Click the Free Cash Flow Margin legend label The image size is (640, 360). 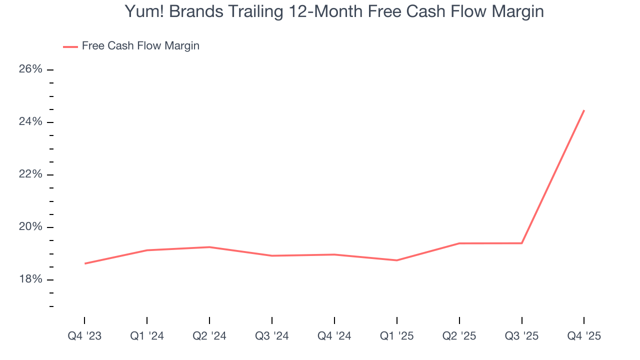pos(140,46)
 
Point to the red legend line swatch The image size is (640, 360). pos(70,46)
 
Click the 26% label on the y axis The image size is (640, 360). pos(30,69)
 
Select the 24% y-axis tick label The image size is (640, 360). pos(30,122)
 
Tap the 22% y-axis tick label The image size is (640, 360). pos(30,174)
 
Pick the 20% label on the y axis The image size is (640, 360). pos(30,227)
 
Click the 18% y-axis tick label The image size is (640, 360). pos(30,279)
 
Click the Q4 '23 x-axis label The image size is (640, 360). pos(84,336)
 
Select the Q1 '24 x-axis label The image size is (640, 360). pos(147,336)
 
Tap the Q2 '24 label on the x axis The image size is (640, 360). pos(209,336)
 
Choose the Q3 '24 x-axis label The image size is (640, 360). pos(272,336)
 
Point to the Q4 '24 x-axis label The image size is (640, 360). pos(334,336)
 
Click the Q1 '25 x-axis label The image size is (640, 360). pos(397,336)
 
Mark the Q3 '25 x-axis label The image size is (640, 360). pos(522,336)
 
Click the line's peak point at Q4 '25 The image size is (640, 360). pos(584,110)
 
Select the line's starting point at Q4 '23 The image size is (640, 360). pos(84,263)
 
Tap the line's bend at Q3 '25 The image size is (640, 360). pos(522,243)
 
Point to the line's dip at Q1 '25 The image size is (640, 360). pos(397,260)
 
